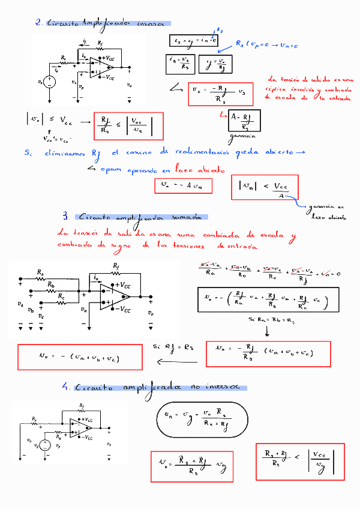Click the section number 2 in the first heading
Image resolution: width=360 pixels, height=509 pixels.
[38, 23]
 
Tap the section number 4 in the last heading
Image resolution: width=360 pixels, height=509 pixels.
[66, 388]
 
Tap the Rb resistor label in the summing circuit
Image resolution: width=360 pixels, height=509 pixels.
[51, 284]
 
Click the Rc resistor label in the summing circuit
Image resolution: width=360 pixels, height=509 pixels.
[61, 295]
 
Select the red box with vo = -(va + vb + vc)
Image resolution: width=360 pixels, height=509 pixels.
[80, 357]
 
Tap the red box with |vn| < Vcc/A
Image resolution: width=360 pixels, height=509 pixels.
[264, 187]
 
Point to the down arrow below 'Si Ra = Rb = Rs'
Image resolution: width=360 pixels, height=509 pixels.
[266, 330]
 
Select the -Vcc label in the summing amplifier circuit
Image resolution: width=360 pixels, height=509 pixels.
[122, 309]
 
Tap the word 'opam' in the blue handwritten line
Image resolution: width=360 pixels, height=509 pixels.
[112, 170]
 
